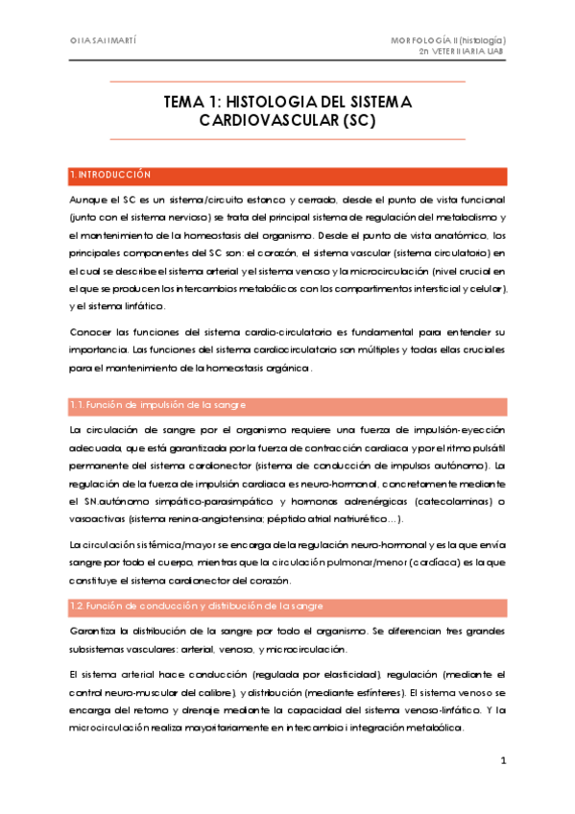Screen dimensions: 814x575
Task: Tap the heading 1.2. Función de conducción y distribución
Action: point(196,607)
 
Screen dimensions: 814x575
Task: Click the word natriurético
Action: point(348,519)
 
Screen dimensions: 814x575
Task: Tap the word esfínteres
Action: point(376,691)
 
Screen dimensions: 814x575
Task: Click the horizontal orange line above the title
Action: point(287,83)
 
